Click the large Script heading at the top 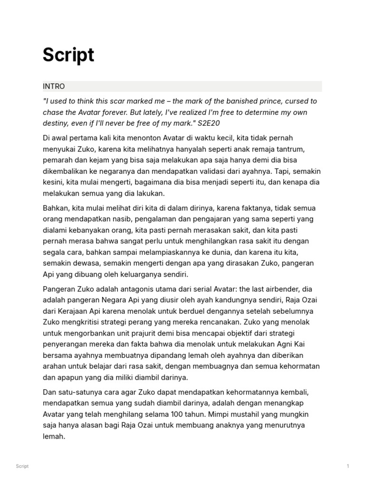[68, 56]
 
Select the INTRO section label [54, 86]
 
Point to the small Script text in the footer [22, 466]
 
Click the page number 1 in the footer [348, 466]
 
